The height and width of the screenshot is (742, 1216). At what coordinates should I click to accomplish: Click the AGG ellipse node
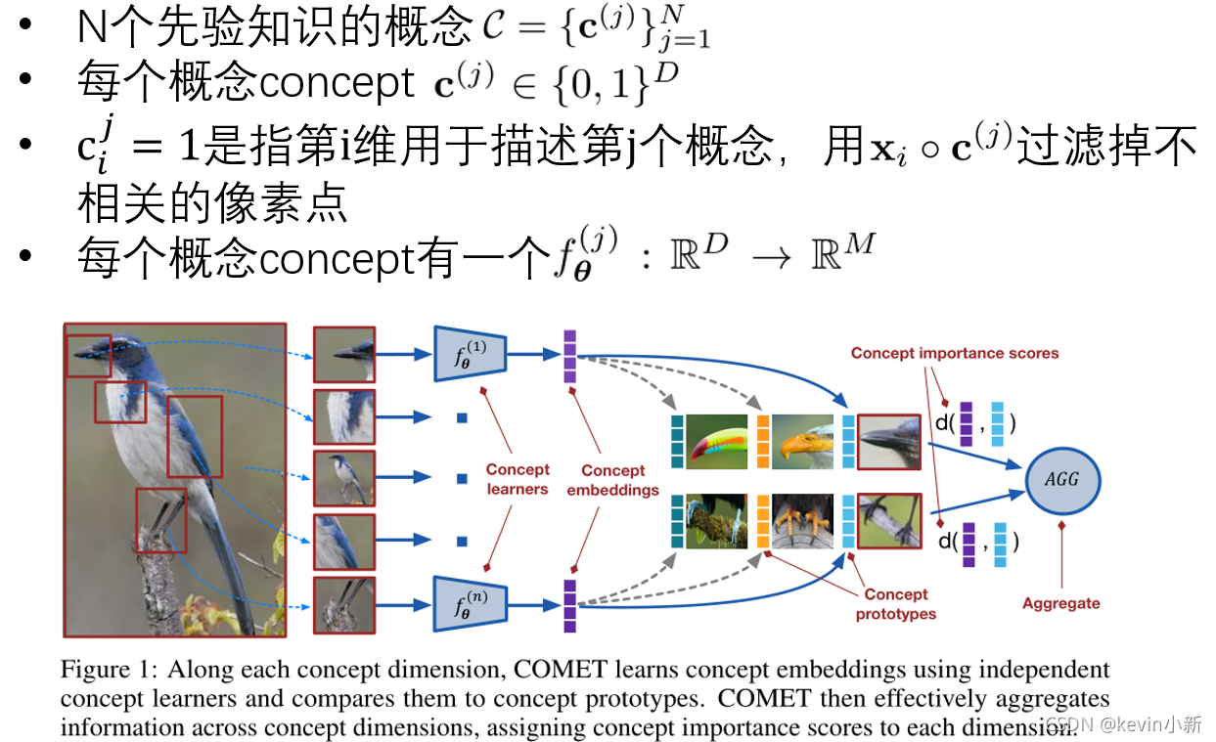1063,479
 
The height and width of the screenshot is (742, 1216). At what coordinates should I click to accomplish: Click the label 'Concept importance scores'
954,353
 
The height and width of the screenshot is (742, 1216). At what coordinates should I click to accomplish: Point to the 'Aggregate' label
1060,603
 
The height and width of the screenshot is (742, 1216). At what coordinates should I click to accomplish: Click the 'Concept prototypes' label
895,604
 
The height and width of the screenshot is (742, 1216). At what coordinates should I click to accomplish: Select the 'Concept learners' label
518,479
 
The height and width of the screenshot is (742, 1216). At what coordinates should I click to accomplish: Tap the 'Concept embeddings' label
612,480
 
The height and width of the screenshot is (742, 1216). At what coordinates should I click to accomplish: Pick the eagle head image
802,441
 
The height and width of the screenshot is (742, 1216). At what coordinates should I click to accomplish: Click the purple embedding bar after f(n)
569,606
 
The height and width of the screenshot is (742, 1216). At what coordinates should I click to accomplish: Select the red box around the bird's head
89,356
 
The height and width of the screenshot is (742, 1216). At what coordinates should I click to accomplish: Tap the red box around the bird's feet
160,518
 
